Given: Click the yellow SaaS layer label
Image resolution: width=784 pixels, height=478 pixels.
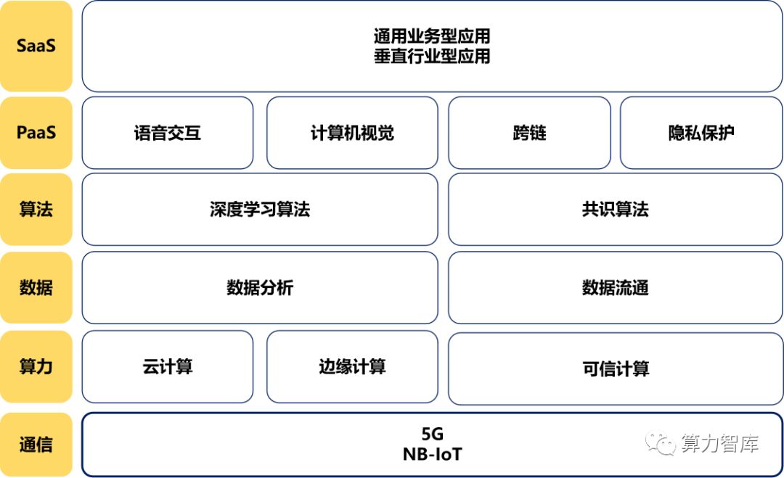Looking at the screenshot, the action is click(36, 46).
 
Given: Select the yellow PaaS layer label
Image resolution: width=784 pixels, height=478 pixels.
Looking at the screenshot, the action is click(36, 133).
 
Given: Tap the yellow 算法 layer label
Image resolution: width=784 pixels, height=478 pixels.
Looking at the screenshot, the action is click(36, 210).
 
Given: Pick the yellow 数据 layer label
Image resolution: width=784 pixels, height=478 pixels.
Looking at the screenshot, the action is click(36, 288).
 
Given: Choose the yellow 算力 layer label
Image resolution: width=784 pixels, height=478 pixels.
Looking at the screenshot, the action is click(36, 366).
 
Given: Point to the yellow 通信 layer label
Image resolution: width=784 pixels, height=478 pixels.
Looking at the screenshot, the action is click(36, 445).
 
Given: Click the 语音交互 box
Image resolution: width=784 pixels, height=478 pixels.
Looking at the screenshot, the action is click(168, 133).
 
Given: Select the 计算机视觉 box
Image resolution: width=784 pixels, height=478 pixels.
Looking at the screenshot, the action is click(352, 133).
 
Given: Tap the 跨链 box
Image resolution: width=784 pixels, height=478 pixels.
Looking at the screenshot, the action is click(529, 133).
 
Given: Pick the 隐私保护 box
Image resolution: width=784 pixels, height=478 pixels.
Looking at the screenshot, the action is click(701, 133).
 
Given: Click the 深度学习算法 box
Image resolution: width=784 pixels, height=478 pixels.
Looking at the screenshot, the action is click(260, 210).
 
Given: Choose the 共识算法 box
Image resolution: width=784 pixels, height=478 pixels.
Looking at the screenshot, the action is click(616, 210).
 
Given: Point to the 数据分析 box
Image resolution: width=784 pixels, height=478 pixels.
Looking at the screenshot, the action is click(260, 288).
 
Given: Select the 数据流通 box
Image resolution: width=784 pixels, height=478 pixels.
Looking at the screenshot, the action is click(616, 288).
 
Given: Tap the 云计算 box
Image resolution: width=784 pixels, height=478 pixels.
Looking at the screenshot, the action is click(168, 366).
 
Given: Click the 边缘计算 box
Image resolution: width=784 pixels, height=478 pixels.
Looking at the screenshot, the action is click(352, 366).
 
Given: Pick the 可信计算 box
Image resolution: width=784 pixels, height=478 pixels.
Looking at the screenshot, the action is click(616, 368).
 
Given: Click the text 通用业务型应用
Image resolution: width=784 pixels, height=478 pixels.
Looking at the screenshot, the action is click(432, 36).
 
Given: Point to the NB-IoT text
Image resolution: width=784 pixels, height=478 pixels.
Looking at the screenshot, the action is click(433, 454).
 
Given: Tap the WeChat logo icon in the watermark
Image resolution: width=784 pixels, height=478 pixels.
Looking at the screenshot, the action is click(660, 443).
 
